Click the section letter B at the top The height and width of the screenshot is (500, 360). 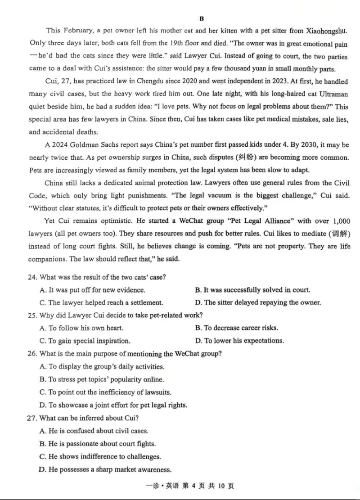(x=201, y=18)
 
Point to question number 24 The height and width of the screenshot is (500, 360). (x=32, y=277)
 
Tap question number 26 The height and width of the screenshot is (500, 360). (x=32, y=354)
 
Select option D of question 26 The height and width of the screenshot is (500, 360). (x=113, y=405)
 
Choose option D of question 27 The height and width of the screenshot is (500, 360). (x=105, y=469)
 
